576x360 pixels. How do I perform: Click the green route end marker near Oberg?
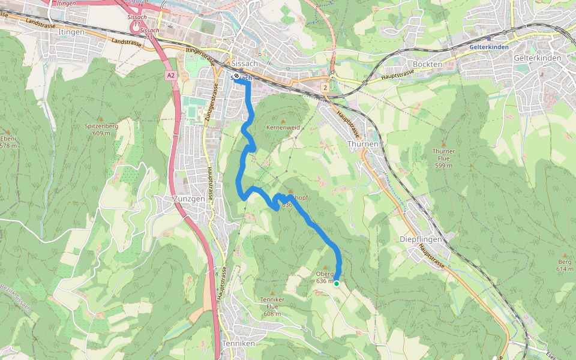(337, 284)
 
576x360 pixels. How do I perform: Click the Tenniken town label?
(238, 343)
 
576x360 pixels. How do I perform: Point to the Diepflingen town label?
(421, 239)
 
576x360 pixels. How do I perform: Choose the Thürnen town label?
(363, 144)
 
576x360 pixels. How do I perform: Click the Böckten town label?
(428, 64)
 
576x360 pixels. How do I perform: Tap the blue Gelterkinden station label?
(490, 46)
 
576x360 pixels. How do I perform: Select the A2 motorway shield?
(171, 76)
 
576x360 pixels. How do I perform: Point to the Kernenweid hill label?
(283, 128)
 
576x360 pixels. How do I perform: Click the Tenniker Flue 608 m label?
(272, 306)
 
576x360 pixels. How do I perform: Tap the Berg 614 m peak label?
(565, 265)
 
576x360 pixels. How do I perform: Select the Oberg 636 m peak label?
(324, 277)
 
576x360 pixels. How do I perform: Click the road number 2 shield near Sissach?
(325, 88)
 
